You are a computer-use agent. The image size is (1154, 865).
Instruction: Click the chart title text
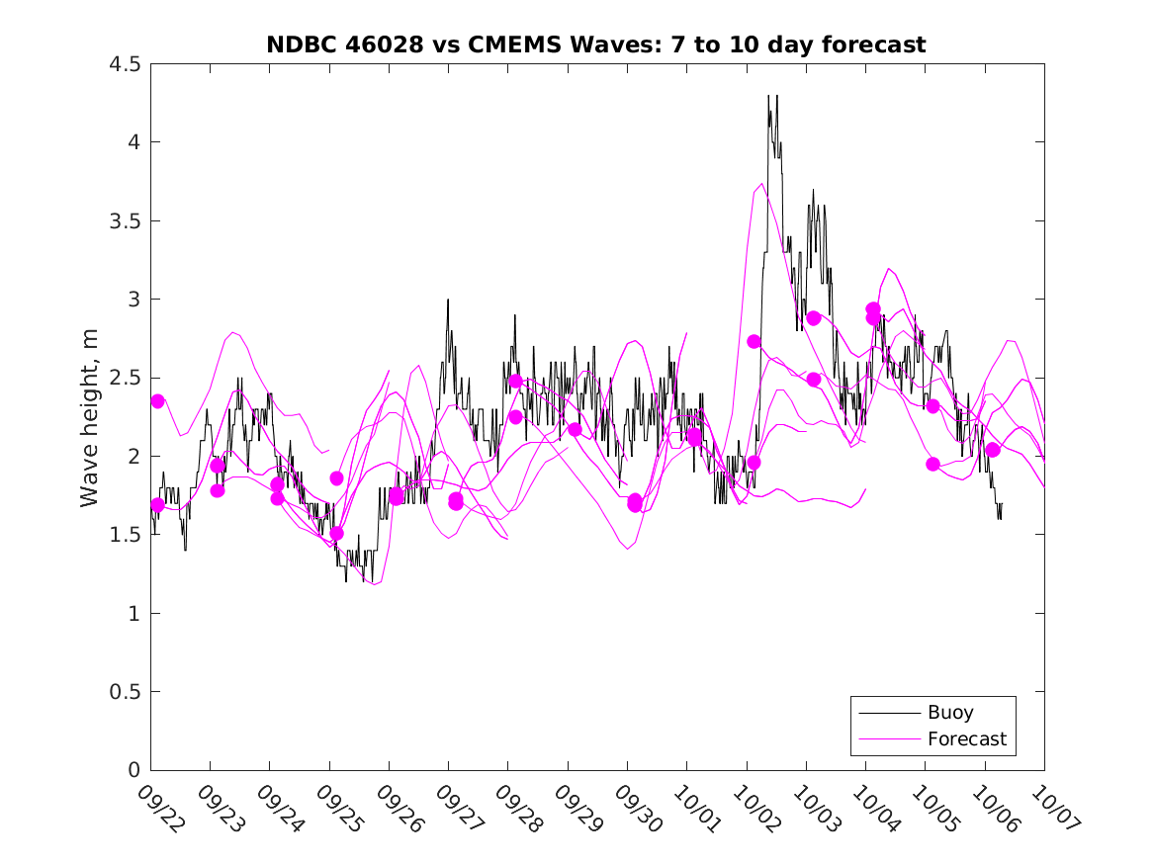(596, 44)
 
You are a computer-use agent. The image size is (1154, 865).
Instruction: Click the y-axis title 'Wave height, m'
(90, 417)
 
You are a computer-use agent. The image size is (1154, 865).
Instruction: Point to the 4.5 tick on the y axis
(126, 64)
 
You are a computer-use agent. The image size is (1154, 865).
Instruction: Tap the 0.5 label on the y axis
(126, 692)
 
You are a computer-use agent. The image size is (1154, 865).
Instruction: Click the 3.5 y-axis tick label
(126, 221)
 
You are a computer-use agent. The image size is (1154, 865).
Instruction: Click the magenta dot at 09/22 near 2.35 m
(157, 401)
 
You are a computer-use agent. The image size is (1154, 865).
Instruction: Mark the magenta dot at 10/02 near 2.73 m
(754, 341)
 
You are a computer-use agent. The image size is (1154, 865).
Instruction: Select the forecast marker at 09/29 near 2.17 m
(575, 429)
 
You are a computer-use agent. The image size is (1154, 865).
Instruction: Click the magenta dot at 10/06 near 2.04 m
(993, 450)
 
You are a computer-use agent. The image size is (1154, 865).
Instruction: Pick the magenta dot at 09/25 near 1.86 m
(336, 478)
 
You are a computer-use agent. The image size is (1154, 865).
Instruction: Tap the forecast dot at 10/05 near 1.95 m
(932, 464)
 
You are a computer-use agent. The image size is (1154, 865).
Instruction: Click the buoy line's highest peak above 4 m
(768, 97)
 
